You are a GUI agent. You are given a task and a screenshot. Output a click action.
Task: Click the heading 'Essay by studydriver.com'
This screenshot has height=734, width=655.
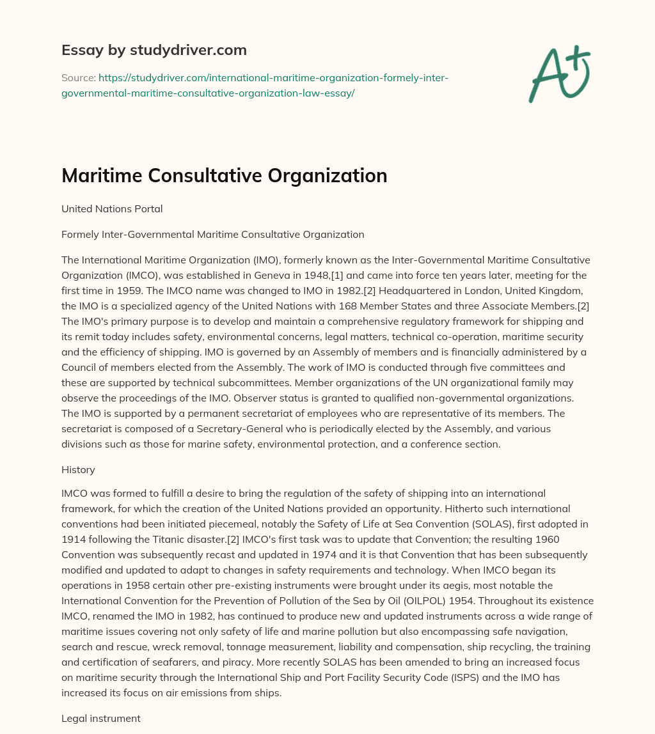[154, 49]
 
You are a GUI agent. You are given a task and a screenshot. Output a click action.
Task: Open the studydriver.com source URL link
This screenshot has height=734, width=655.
[255, 85]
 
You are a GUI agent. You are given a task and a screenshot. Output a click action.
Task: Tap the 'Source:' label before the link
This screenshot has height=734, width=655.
[78, 78]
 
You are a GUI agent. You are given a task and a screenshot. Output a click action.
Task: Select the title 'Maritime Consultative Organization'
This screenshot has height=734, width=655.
[224, 175]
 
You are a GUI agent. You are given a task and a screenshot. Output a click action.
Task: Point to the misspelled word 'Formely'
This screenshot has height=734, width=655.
[80, 235]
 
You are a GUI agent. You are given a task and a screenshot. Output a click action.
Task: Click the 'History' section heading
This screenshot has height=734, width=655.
[78, 470]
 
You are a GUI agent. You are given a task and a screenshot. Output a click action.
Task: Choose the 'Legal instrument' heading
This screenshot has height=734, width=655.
[100, 719]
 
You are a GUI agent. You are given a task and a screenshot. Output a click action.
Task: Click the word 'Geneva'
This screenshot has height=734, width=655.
[253, 276]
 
